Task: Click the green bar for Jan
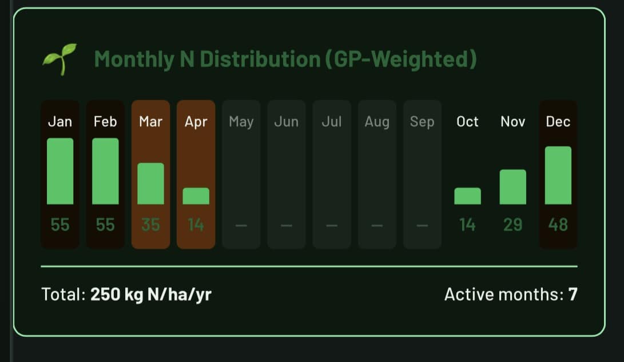click(x=60, y=171)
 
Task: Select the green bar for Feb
click(x=105, y=171)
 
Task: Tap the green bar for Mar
click(x=150, y=184)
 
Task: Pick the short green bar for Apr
click(x=196, y=196)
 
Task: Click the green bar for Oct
click(x=467, y=196)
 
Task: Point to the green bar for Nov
click(x=512, y=187)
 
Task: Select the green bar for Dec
click(x=558, y=175)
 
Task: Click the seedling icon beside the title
click(x=59, y=59)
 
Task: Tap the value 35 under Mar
click(x=150, y=225)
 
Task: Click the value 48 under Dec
click(x=558, y=225)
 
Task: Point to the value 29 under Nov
click(x=512, y=225)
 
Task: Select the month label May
click(x=241, y=122)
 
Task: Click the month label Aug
click(x=377, y=122)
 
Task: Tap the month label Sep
click(x=422, y=122)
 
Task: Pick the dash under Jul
click(x=332, y=225)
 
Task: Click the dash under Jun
click(x=287, y=225)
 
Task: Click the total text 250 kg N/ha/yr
click(x=151, y=295)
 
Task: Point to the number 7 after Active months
click(x=573, y=295)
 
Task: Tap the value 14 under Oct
click(x=467, y=225)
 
